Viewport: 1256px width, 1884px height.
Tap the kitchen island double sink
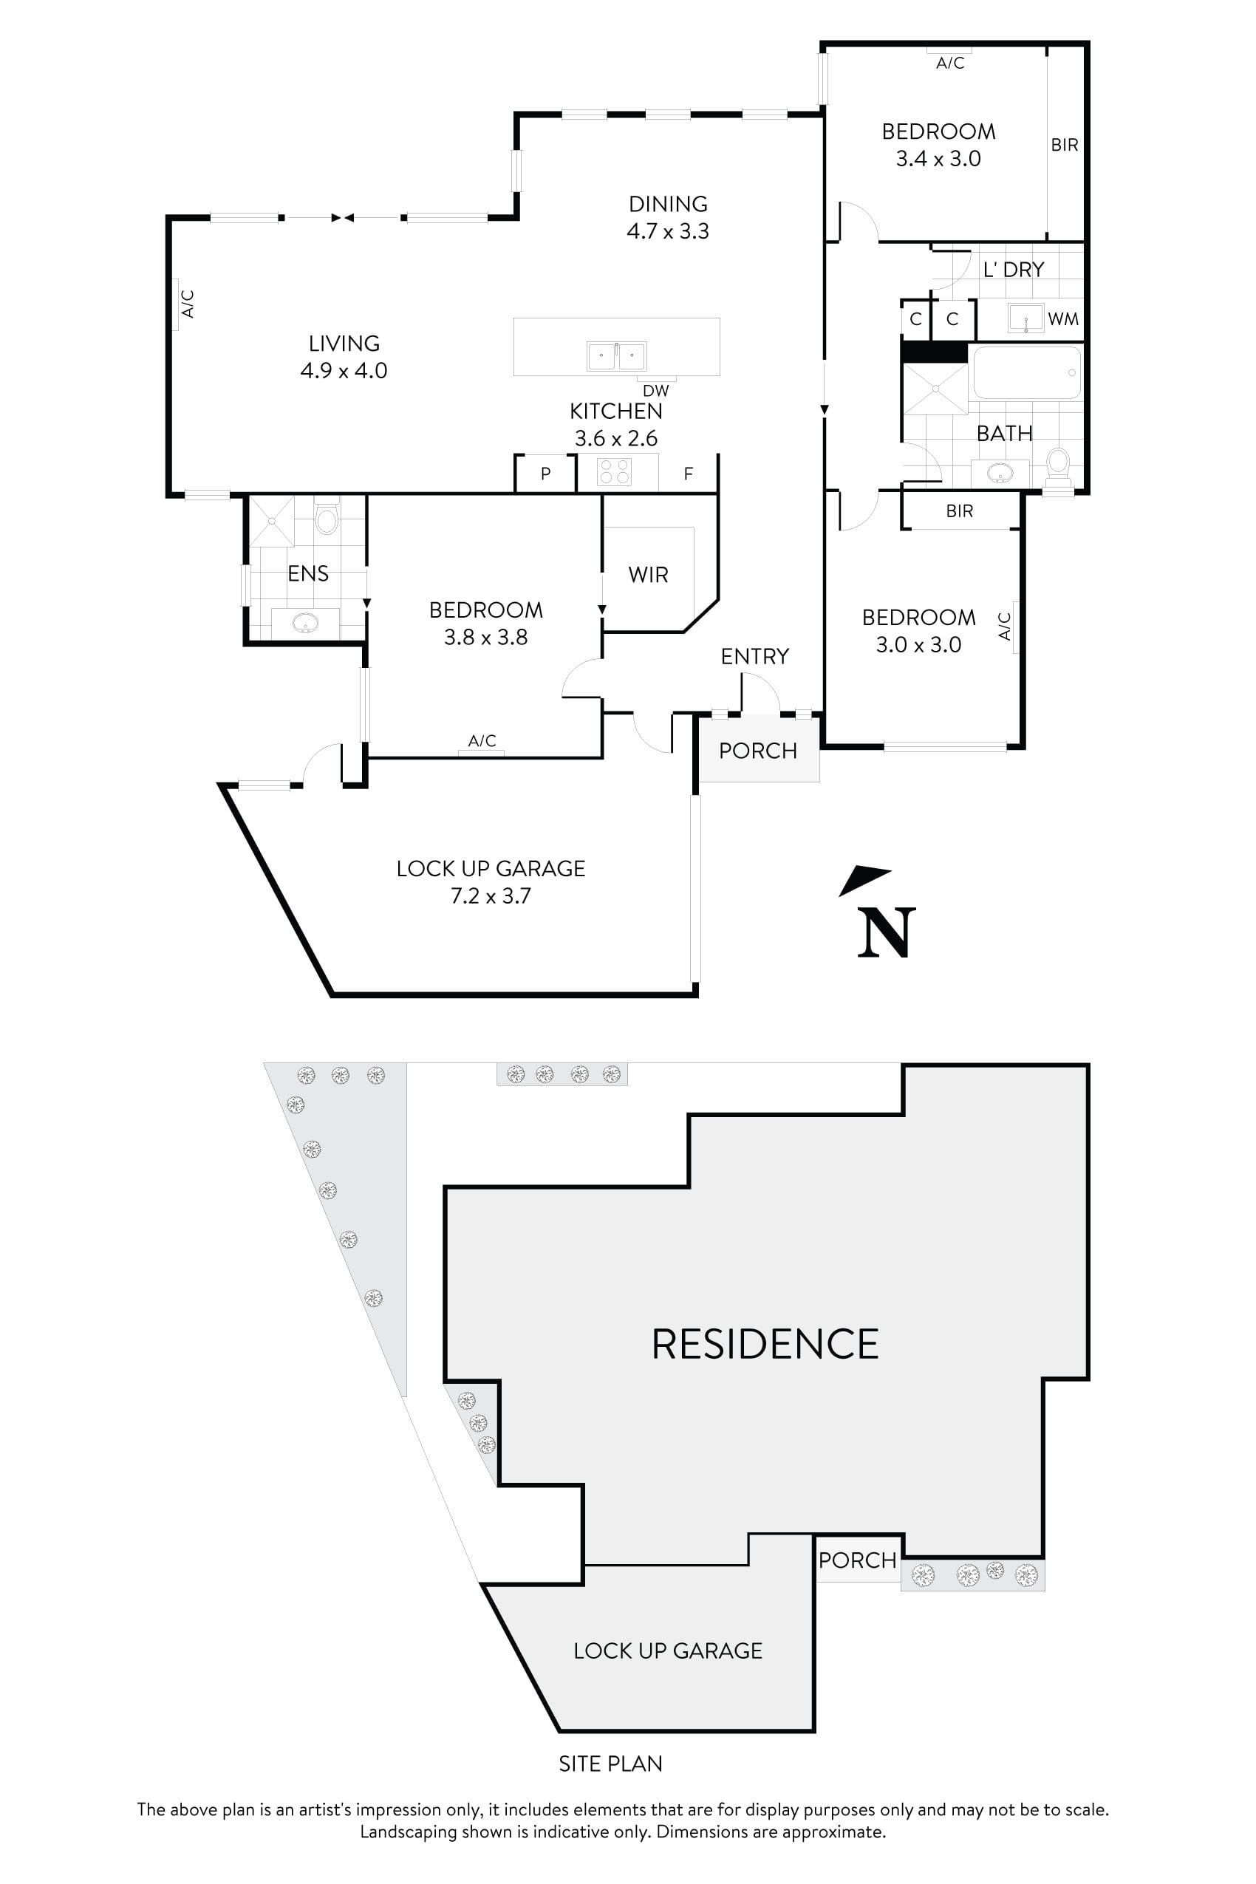(x=616, y=355)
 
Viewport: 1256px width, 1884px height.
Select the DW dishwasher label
(x=656, y=391)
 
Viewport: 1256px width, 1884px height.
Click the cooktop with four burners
(x=615, y=472)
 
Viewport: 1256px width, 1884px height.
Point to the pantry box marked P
(x=545, y=474)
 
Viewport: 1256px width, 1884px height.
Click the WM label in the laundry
(x=1063, y=320)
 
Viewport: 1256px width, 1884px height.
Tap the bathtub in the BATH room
(x=1027, y=372)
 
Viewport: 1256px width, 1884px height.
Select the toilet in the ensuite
(x=327, y=519)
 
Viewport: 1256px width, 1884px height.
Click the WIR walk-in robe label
(x=648, y=574)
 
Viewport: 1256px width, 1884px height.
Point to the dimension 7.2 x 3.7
(x=491, y=895)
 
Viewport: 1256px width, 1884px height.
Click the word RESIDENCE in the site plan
(x=765, y=1344)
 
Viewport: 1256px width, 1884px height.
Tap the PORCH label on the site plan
(x=857, y=1560)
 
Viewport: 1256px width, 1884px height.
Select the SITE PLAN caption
(x=610, y=1764)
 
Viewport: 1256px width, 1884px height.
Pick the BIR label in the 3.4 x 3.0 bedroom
(x=1065, y=145)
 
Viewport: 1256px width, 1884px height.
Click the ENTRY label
(x=754, y=657)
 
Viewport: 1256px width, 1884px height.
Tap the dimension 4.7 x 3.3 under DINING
(x=667, y=231)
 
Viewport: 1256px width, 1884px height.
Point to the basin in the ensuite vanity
(x=304, y=622)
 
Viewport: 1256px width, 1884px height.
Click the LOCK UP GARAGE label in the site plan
(x=667, y=1651)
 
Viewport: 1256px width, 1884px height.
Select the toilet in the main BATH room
(x=1058, y=465)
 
